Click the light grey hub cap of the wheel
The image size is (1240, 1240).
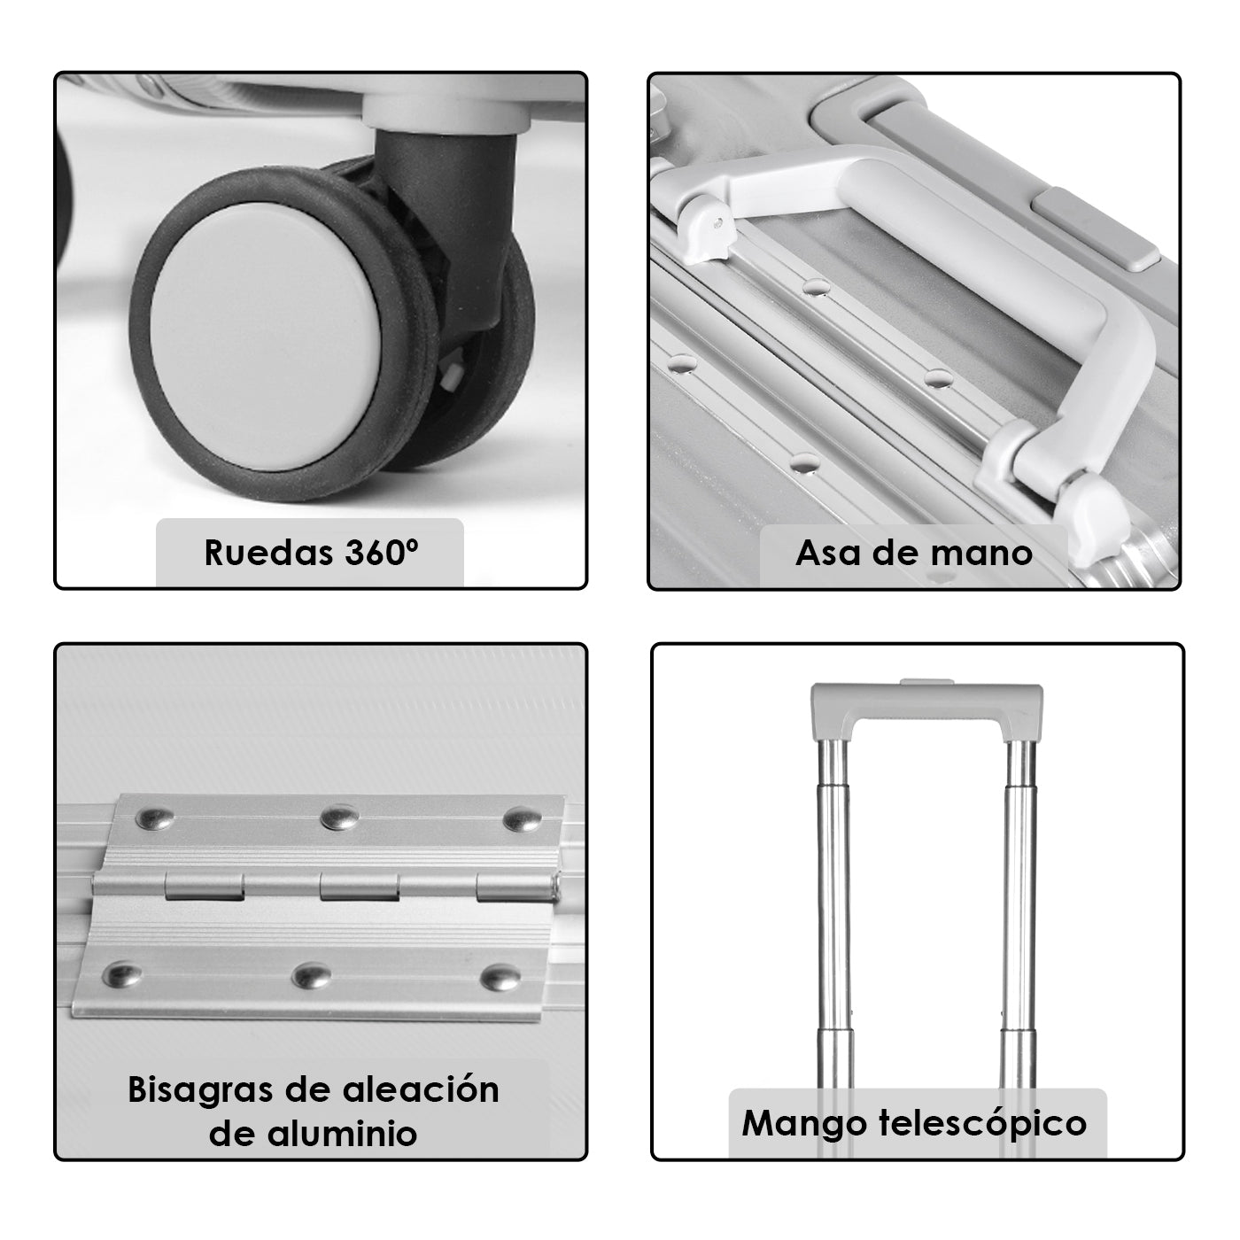265,337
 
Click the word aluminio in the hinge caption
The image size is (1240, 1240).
343,1134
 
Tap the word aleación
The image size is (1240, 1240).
421,1089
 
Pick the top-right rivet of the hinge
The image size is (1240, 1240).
522,820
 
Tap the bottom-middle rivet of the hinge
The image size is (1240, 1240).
312,976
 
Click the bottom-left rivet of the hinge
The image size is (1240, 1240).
122,975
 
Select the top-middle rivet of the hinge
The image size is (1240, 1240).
340,818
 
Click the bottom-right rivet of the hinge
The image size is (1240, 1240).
500,978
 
